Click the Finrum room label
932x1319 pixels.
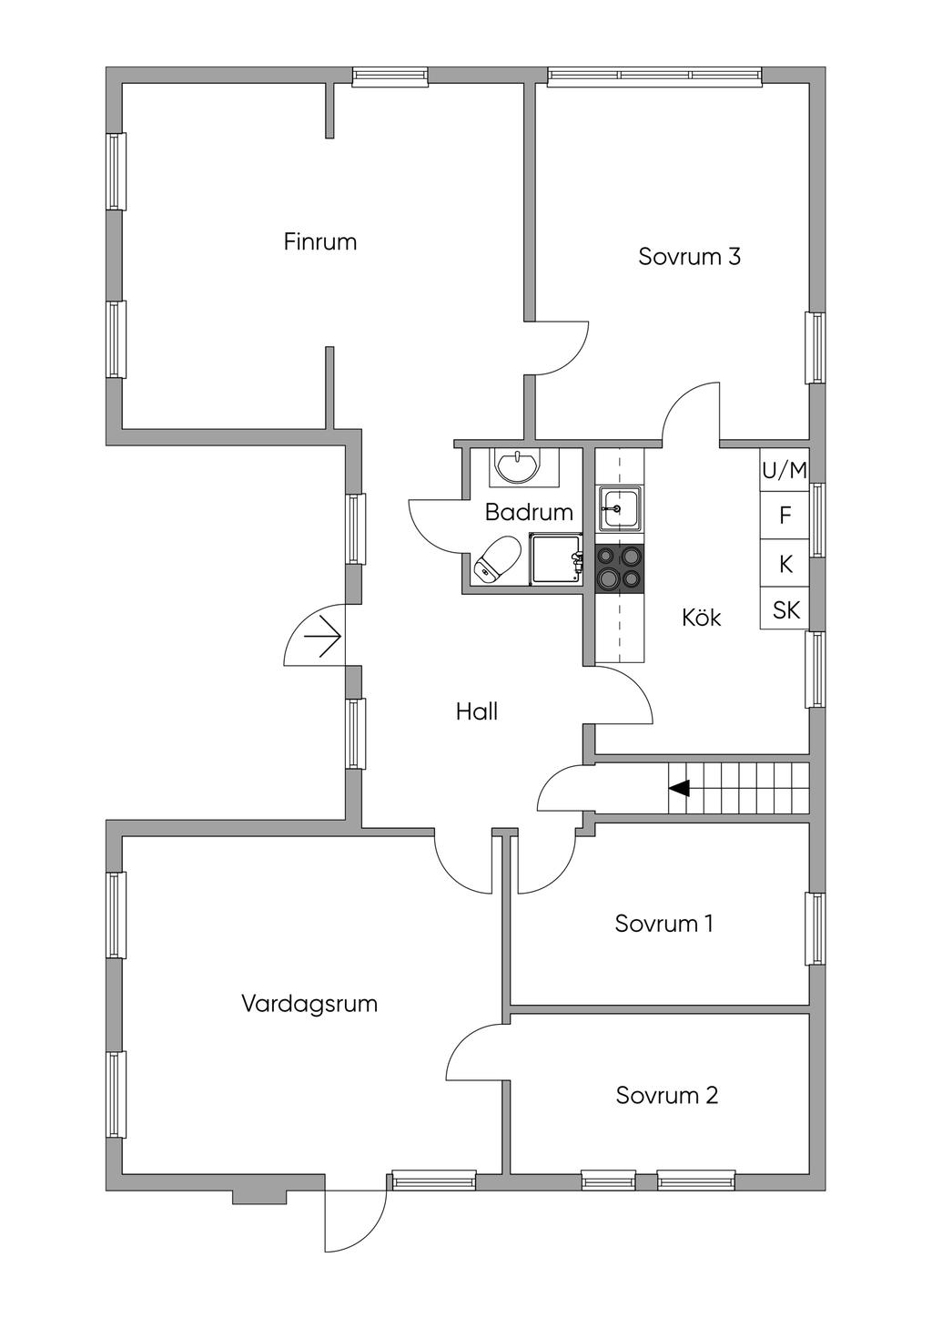[x=320, y=242]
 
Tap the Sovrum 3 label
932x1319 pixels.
[x=689, y=257]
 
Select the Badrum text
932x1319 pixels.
[x=529, y=513]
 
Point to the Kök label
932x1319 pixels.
[x=701, y=618]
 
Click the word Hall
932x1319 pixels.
[x=477, y=711]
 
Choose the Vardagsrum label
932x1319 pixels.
[x=309, y=1004]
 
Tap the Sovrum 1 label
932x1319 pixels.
[x=664, y=924]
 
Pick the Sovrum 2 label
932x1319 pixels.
[x=667, y=1095]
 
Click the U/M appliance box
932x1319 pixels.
[x=785, y=471]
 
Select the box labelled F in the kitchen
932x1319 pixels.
[x=785, y=516]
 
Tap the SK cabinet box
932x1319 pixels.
[x=785, y=610]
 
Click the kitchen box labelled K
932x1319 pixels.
[x=785, y=565]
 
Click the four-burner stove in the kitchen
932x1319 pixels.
[x=619, y=568]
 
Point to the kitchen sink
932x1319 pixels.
[x=619, y=508]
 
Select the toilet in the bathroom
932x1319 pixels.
[x=496, y=557]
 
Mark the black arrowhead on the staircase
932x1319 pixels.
[x=679, y=788]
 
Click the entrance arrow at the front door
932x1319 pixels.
[x=323, y=634]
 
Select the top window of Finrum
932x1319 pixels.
[x=390, y=78]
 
